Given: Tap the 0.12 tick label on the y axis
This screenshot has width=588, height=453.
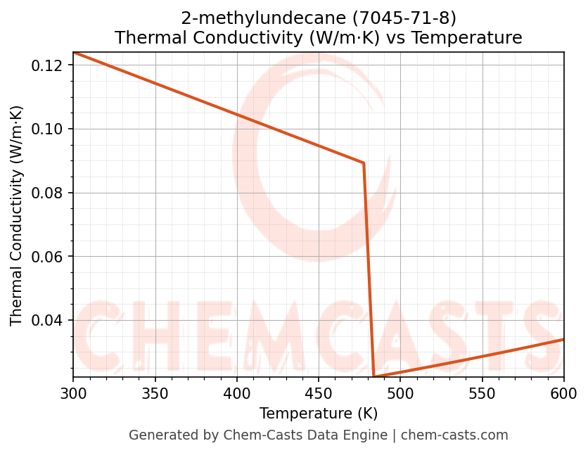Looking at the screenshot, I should (x=49, y=65).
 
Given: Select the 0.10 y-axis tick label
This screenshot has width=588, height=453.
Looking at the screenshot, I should (x=49, y=129).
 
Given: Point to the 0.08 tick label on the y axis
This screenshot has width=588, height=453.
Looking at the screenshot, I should (x=49, y=193).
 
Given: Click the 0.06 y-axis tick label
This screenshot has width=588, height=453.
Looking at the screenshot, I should (x=49, y=257).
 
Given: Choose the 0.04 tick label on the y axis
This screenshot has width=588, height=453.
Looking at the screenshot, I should (x=49, y=320).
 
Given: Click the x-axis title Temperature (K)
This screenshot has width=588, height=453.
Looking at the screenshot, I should (x=319, y=413).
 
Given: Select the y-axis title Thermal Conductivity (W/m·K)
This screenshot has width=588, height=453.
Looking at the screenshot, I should (x=17, y=215).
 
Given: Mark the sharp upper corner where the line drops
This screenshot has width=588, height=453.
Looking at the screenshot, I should (x=364, y=163).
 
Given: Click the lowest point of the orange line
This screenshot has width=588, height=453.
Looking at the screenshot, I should (x=373, y=376).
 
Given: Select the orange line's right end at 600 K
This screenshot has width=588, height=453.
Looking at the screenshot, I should (x=563, y=339).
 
